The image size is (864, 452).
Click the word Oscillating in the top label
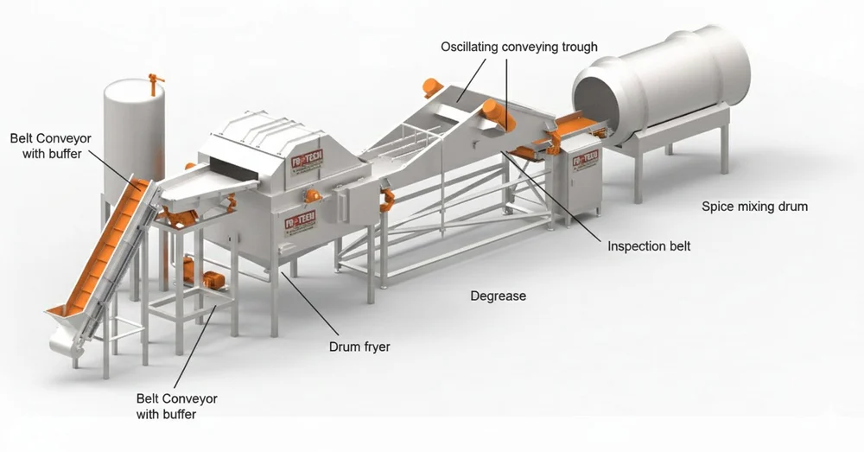pyautogui.click(x=467, y=46)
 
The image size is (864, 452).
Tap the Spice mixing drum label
pyautogui.click(x=754, y=207)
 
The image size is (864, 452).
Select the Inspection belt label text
pyautogui.click(x=649, y=246)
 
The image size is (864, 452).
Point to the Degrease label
pyautogui.click(x=498, y=296)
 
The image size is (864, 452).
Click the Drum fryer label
pyautogui.click(x=359, y=347)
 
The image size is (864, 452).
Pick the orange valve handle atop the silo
pyautogui.click(x=155, y=83)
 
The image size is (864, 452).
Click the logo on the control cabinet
pyautogui.click(x=586, y=159)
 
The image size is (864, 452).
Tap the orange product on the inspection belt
pyautogui.click(x=570, y=126)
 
